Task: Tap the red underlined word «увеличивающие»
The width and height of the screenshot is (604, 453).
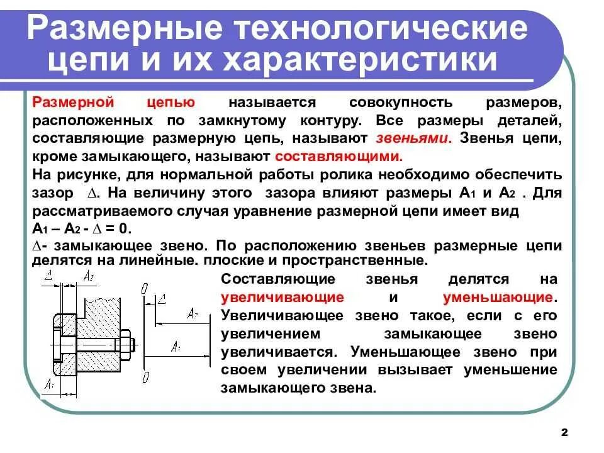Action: tap(282, 297)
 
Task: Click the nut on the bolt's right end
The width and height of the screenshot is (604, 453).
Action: tap(124, 344)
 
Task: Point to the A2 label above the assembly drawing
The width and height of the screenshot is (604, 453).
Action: tap(89, 276)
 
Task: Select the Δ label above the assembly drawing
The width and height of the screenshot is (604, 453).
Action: tap(49, 275)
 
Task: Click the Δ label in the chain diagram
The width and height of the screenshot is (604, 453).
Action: tap(162, 299)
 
